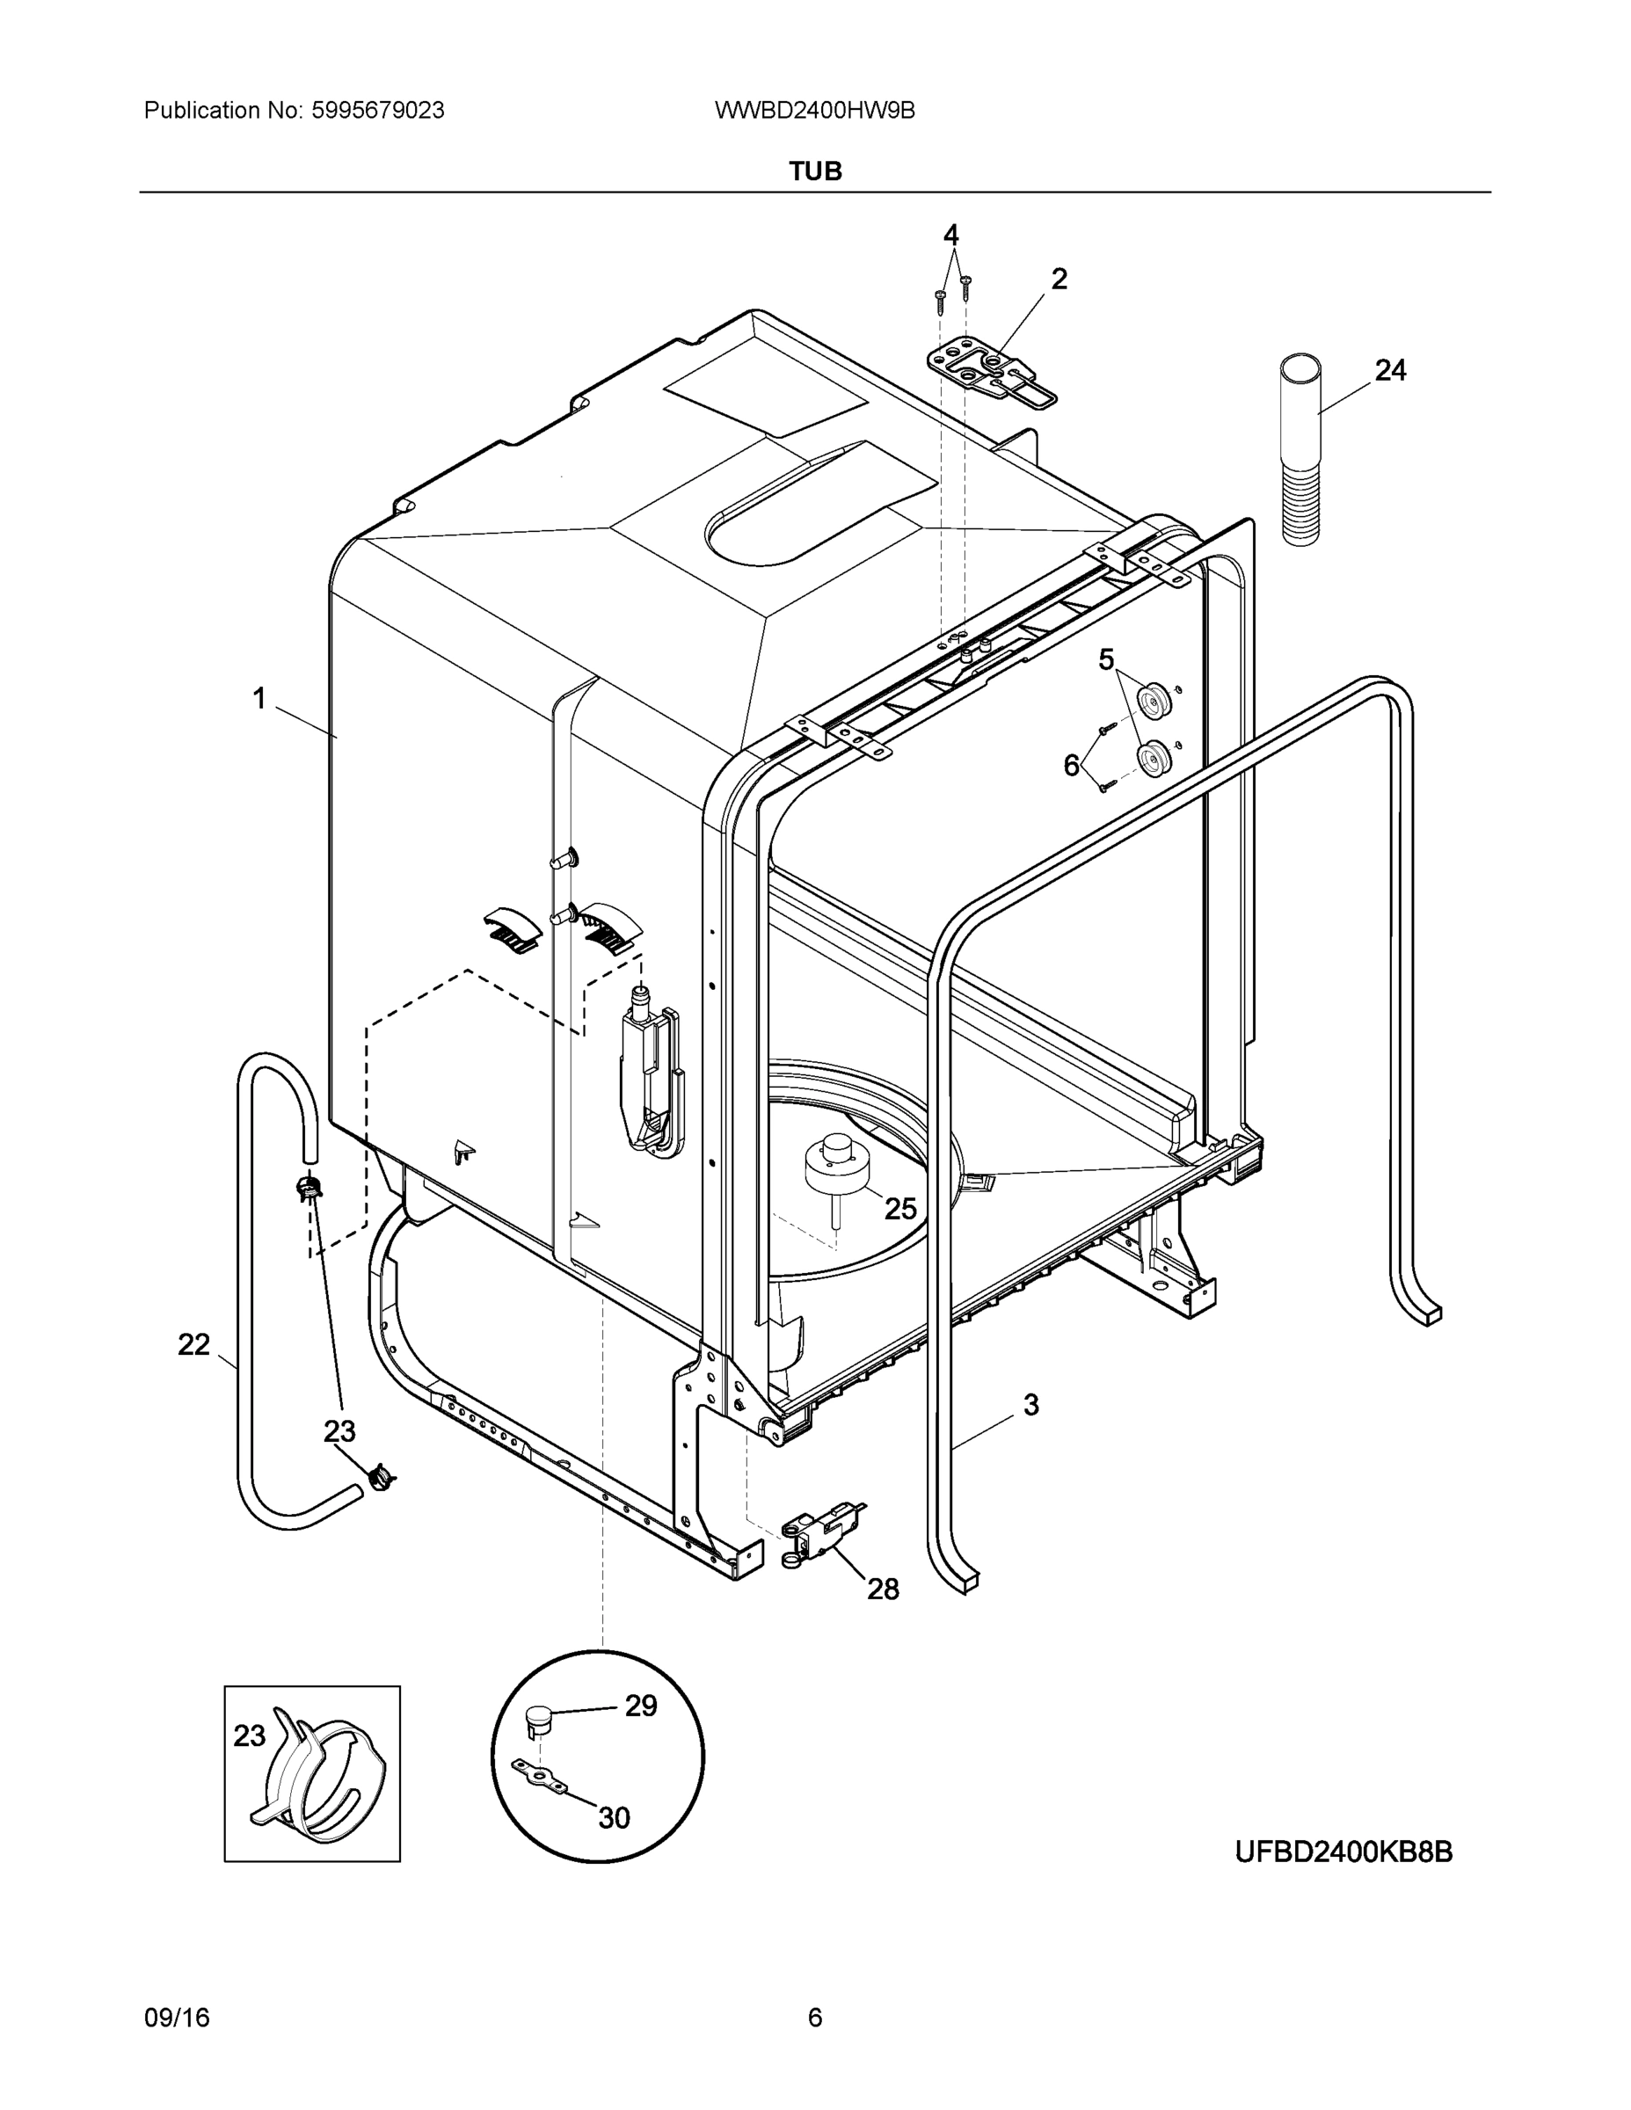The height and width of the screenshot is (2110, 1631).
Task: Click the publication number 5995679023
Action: tap(377, 111)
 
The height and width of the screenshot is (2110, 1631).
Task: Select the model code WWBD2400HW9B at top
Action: tap(814, 111)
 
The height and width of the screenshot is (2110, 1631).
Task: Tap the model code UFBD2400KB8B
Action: tap(1343, 1852)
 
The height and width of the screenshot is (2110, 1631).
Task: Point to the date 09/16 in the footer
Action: tap(176, 2018)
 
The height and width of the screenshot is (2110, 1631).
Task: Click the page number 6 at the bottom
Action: tap(814, 2018)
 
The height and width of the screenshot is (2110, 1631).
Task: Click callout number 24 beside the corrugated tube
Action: tap(1389, 370)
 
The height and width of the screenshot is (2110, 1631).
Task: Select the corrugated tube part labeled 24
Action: tap(1300, 449)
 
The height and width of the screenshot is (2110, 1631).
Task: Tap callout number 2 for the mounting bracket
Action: tap(1059, 280)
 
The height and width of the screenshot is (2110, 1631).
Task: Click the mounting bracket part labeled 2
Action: tap(990, 372)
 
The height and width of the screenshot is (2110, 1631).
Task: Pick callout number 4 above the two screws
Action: tap(950, 235)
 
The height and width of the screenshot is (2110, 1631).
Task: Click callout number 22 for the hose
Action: tap(193, 1344)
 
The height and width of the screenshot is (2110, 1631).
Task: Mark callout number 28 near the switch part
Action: tap(882, 1589)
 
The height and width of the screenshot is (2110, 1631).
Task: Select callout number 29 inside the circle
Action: tap(641, 1706)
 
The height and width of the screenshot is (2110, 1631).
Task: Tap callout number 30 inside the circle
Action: tap(614, 1818)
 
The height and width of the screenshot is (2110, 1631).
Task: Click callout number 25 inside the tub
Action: tap(899, 1208)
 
